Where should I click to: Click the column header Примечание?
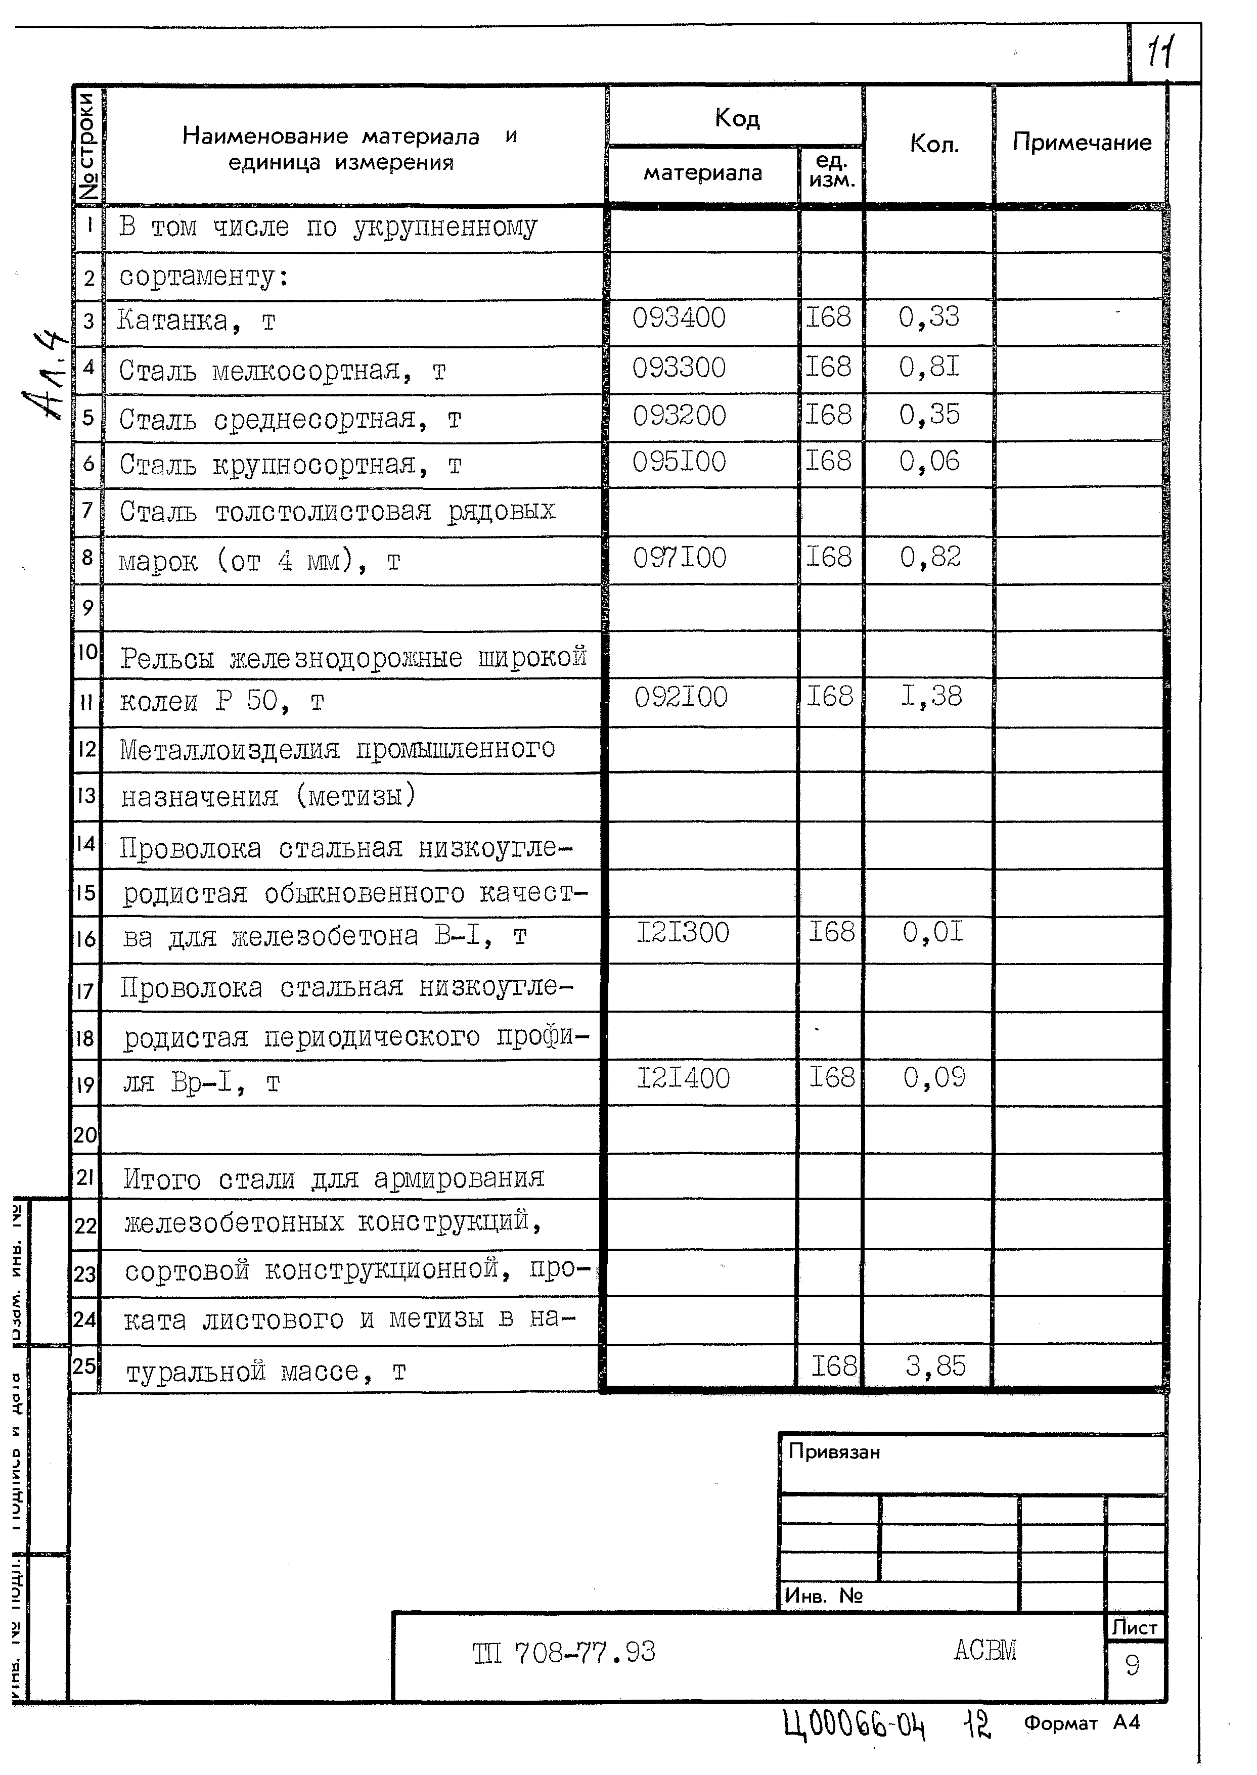point(1082,143)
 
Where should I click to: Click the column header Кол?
point(934,144)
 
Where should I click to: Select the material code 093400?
point(679,318)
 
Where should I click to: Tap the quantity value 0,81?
point(929,367)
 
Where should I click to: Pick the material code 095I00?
point(679,462)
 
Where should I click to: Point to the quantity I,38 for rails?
point(931,696)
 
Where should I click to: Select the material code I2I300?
point(683,932)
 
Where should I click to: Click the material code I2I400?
point(683,1078)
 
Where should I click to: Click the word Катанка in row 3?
point(172,321)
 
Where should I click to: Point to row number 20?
point(85,1135)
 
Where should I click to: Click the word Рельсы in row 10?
point(167,658)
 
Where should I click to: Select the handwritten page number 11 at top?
point(1159,54)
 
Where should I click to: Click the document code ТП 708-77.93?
point(563,1653)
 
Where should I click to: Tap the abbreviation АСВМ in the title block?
point(984,1651)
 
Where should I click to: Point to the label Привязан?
point(834,1452)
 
